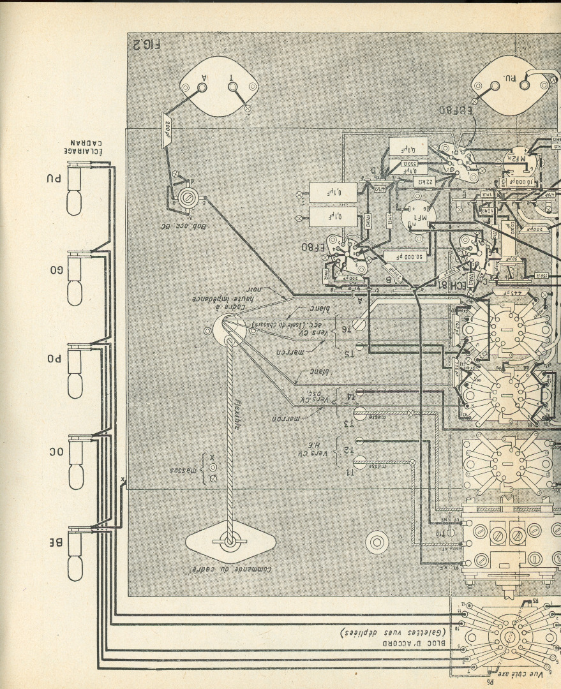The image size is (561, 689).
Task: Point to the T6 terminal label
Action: pos(345,330)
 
